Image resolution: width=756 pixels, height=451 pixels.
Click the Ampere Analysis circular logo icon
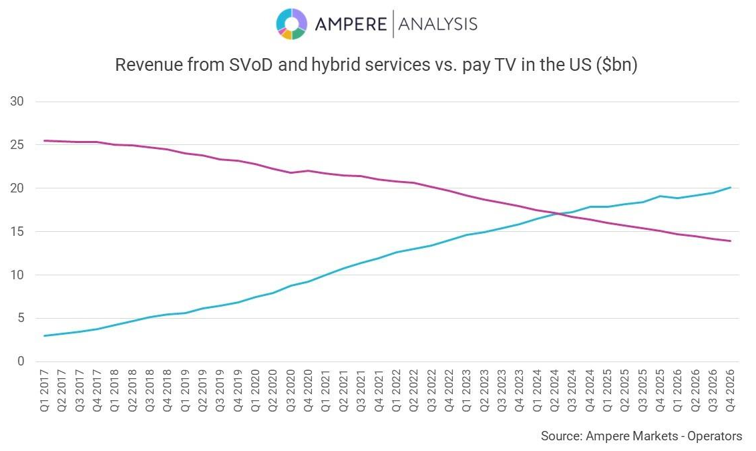292,24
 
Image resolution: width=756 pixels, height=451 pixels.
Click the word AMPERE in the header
351,24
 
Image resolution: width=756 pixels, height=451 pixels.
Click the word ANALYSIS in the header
437,24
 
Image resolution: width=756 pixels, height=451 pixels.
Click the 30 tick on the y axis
17,102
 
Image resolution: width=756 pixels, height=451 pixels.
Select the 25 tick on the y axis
17,145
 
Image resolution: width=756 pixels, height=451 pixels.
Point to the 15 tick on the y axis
17,232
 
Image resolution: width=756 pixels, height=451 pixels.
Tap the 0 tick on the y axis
21,361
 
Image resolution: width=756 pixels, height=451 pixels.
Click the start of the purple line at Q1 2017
45,140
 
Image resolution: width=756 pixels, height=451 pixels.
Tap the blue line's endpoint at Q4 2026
730,188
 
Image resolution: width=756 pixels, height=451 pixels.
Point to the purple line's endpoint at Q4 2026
730,241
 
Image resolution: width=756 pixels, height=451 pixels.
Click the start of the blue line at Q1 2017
45,335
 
